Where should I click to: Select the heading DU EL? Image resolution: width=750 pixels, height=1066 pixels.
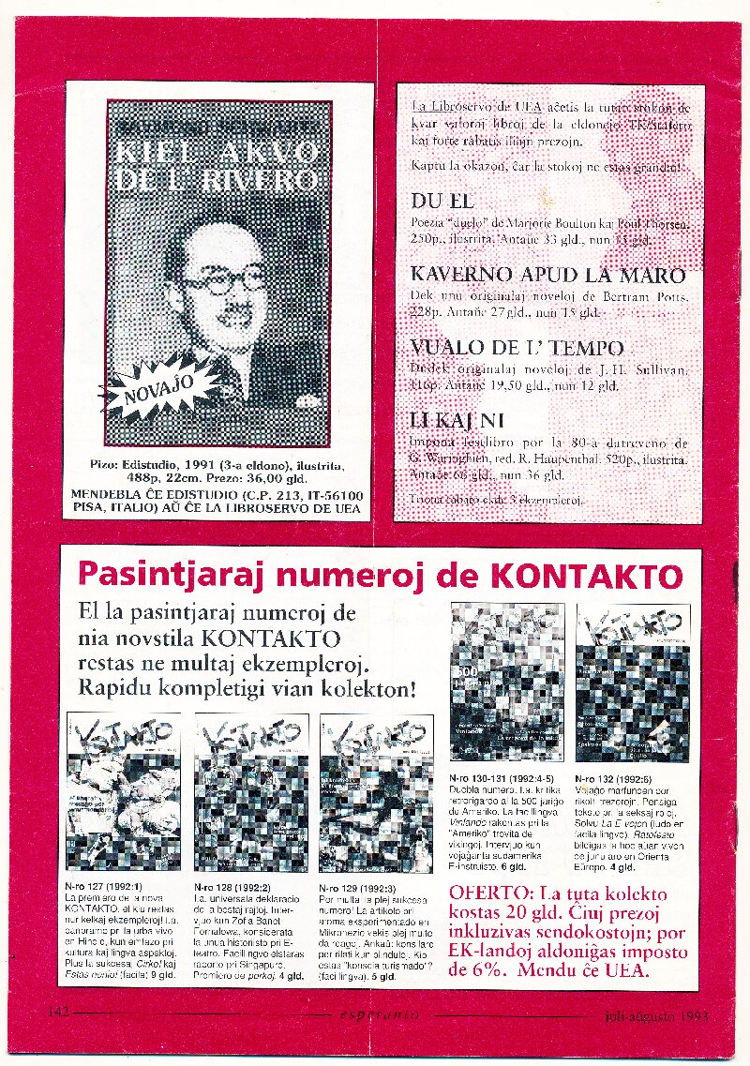tap(442, 202)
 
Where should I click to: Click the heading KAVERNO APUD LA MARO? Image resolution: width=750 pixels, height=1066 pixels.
tap(547, 276)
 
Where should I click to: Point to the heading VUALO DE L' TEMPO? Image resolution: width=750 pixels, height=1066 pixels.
tap(517, 348)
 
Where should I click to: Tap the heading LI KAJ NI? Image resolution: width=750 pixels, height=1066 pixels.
tap(457, 421)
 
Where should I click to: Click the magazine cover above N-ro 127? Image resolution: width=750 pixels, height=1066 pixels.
tap(123, 792)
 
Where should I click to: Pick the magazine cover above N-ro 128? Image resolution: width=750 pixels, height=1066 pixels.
tap(250, 792)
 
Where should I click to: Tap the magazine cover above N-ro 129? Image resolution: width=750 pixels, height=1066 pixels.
tap(376, 792)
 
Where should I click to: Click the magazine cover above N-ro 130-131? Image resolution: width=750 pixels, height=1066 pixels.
tap(507, 682)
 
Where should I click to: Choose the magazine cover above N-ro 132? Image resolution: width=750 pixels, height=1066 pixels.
tap(633, 682)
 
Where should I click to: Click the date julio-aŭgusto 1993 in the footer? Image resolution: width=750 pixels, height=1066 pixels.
tap(651, 1014)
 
